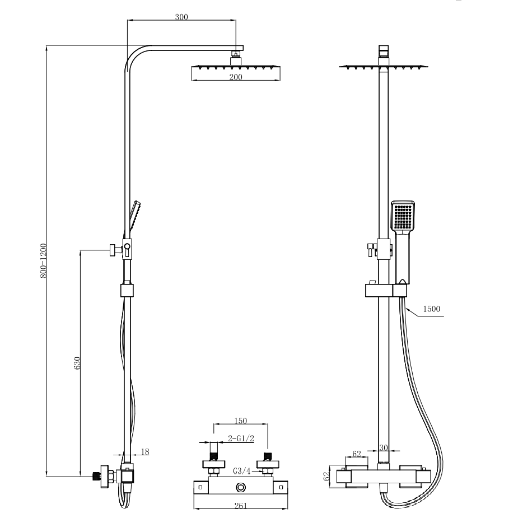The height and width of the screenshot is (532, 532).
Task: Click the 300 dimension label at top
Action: [x=181, y=17]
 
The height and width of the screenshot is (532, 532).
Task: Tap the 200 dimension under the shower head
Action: [x=236, y=77]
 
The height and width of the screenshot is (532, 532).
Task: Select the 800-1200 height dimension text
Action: [x=44, y=261]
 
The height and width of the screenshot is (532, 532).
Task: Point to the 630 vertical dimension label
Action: [x=77, y=363]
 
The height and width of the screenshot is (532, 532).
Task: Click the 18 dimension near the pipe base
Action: [x=145, y=452]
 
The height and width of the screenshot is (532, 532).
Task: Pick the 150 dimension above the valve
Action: [x=241, y=421]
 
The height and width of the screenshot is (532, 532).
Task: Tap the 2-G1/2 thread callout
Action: [x=241, y=438]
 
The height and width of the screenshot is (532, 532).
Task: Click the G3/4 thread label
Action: [x=241, y=471]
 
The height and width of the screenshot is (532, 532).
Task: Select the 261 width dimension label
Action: [x=241, y=506]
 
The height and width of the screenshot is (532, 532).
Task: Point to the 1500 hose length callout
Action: [x=432, y=309]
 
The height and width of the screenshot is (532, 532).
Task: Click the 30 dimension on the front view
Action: [x=384, y=447]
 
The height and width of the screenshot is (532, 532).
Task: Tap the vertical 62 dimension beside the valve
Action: [x=326, y=476]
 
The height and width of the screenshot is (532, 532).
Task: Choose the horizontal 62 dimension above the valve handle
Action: [x=357, y=454]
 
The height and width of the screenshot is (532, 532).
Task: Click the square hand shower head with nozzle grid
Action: [x=403, y=216]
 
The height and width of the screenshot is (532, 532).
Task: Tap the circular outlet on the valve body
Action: [x=241, y=488]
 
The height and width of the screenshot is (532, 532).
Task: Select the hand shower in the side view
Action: [x=133, y=217]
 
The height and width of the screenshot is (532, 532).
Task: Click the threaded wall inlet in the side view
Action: [x=97, y=476]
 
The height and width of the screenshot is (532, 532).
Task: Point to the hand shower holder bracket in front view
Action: [x=386, y=291]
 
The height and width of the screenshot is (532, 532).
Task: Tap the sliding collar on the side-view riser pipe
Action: [x=127, y=291]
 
